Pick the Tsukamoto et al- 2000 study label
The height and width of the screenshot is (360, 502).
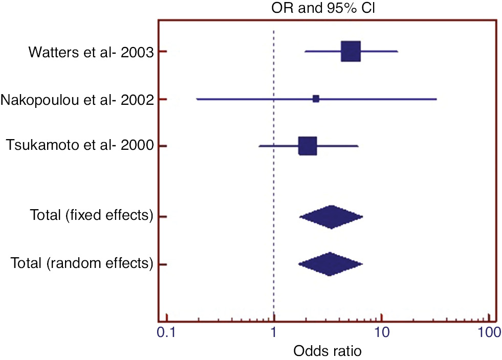coord(80,146)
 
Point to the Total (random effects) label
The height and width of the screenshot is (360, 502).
coord(82,264)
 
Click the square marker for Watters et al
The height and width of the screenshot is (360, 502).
coord(351,52)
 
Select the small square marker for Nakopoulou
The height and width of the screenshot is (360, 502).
coord(316,99)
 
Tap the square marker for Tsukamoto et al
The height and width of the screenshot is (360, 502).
coord(308,146)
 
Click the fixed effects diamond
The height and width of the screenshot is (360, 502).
coord(331,217)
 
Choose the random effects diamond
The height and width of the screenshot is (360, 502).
coord(330,264)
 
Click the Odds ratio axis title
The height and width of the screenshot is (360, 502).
coord(327,351)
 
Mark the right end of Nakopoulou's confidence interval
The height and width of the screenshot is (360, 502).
coord(436,99)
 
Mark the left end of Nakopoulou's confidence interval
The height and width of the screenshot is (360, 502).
coord(197,99)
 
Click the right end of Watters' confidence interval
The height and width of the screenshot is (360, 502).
coord(398,52)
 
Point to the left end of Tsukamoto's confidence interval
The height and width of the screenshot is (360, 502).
coord(259,146)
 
